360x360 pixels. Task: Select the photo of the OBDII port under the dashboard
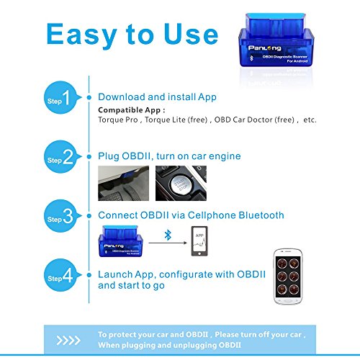coord(123,182)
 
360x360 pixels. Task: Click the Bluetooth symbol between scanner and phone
coord(167,236)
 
